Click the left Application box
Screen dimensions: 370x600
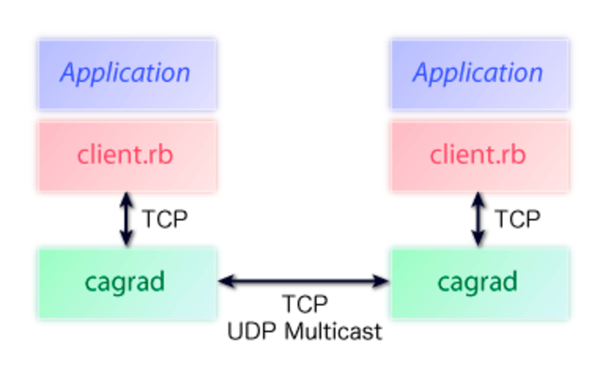click(x=127, y=74)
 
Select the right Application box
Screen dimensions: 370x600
click(x=480, y=74)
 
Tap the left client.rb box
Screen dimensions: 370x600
click(x=127, y=155)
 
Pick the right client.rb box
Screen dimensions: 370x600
click(x=480, y=155)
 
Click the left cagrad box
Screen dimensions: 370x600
click(x=127, y=283)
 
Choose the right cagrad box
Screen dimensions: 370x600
click(x=480, y=283)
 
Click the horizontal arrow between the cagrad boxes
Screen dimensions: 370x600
click(x=303, y=280)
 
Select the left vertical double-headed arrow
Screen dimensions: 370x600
click(x=126, y=219)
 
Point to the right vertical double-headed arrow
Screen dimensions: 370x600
click(x=479, y=219)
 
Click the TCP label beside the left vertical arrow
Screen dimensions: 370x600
click(x=165, y=219)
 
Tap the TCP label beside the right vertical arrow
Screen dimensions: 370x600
click(x=517, y=219)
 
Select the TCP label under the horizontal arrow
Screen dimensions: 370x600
click(x=305, y=304)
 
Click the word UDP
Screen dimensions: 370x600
click(x=251, y=331)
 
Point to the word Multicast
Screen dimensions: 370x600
click(x=332, y=331)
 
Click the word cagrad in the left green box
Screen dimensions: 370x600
click(x=125, y=282)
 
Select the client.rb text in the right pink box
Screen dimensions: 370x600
click(x=478, y=155)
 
